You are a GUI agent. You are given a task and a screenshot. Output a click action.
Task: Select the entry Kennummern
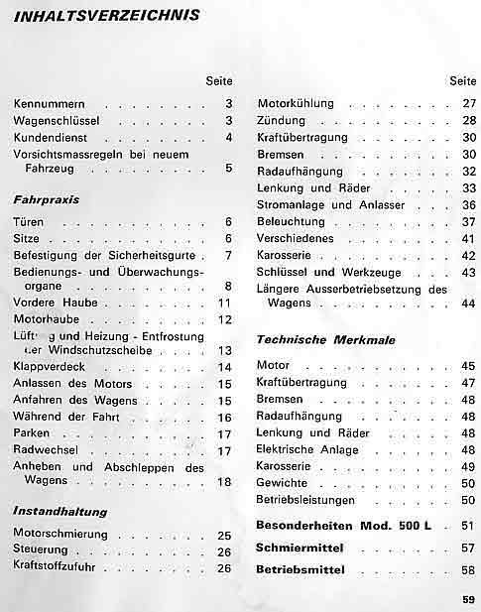coord(51,103)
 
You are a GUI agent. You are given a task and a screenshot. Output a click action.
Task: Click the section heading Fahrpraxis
coord(47,198)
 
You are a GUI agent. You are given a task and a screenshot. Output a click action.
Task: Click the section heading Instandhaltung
coord(60,512)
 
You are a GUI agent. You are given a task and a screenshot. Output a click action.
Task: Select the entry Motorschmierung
coord(60,536)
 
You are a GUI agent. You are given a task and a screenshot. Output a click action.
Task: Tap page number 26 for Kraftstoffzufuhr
coord(224,568)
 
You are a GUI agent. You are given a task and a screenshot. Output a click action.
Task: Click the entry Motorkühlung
coord(295,103)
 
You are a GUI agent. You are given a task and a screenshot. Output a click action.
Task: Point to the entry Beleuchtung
coord(290,221)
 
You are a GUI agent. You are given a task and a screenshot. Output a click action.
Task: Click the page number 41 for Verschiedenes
coord(469,239)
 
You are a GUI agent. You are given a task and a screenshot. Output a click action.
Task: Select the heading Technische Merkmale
coord(325,340)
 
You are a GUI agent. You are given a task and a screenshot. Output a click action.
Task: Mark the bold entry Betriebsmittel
coord(301,571)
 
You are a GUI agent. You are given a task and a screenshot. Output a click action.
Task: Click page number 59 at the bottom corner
coord(468,598)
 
